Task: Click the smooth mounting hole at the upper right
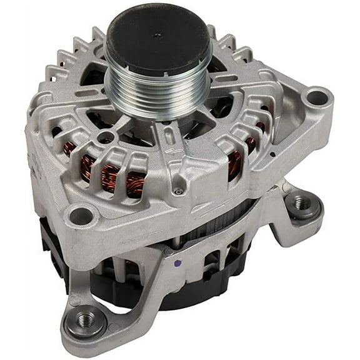pos(319,97)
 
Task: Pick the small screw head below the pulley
pos(179,191)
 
